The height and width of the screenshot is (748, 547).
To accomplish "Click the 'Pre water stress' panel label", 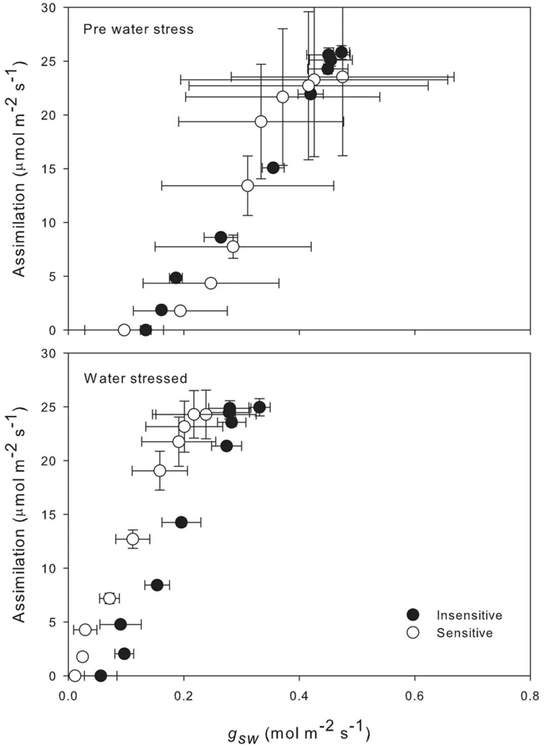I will click(x=138, y=29).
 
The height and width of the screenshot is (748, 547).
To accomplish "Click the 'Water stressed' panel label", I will click(x=136, y=378).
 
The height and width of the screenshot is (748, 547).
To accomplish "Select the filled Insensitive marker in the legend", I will click(x=413, y=614).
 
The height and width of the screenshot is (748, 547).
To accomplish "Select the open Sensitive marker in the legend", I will click(x=413, y=633).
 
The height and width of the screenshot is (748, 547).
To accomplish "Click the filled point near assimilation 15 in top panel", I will click(x=273, y=168).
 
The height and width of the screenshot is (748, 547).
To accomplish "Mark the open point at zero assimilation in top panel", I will click(x=124, y=330).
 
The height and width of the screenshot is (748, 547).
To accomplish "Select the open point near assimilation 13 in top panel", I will click(x=248, y=186).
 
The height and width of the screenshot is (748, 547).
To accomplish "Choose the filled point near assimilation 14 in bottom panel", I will click(x=181, y=522).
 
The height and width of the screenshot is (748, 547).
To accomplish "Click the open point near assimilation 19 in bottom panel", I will click(x=160, y=471).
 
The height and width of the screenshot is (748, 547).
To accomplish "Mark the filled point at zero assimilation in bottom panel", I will click(x=101, y=675).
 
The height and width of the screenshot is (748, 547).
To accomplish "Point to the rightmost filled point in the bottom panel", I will click(x=260, y=407).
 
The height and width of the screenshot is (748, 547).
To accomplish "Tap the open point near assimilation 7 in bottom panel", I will click(x=109, y=598).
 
